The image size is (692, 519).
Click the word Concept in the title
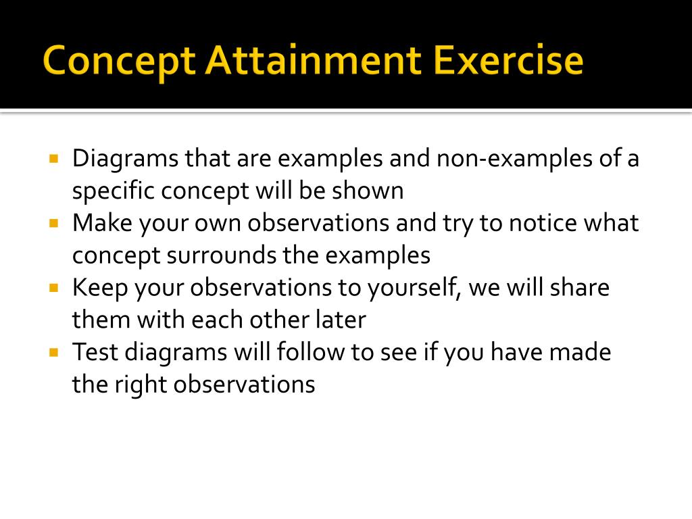(118, 61)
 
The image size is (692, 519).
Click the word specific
(114, 192)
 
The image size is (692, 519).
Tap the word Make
(101, 223)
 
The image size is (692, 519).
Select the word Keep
(99, 288)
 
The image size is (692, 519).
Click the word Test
(95, 352)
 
